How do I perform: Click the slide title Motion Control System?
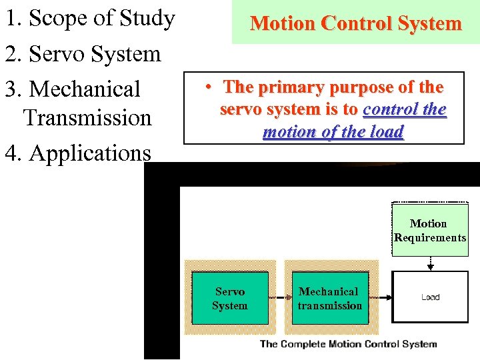(355, 24)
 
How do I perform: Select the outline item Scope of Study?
(89, 19)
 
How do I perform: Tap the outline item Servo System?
(83, 54)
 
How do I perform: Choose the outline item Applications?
(77, 153)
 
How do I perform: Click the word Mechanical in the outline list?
(85, 89)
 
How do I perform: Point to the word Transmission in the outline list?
(87, 118)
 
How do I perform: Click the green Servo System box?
(230, 298)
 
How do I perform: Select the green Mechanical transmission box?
(329, 298)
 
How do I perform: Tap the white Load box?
(430, 297)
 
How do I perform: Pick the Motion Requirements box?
(430, 231)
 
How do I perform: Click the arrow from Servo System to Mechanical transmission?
(280, 297)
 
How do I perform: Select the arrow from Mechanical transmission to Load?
(380, 297)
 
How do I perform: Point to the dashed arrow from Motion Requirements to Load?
(430, 262)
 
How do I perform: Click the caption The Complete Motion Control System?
(348, 344)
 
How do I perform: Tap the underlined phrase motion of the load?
(333, 132)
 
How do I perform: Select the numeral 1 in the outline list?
(10, 19)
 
